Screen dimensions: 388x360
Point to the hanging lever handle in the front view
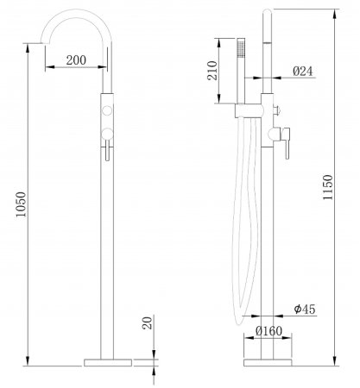[104, 152]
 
